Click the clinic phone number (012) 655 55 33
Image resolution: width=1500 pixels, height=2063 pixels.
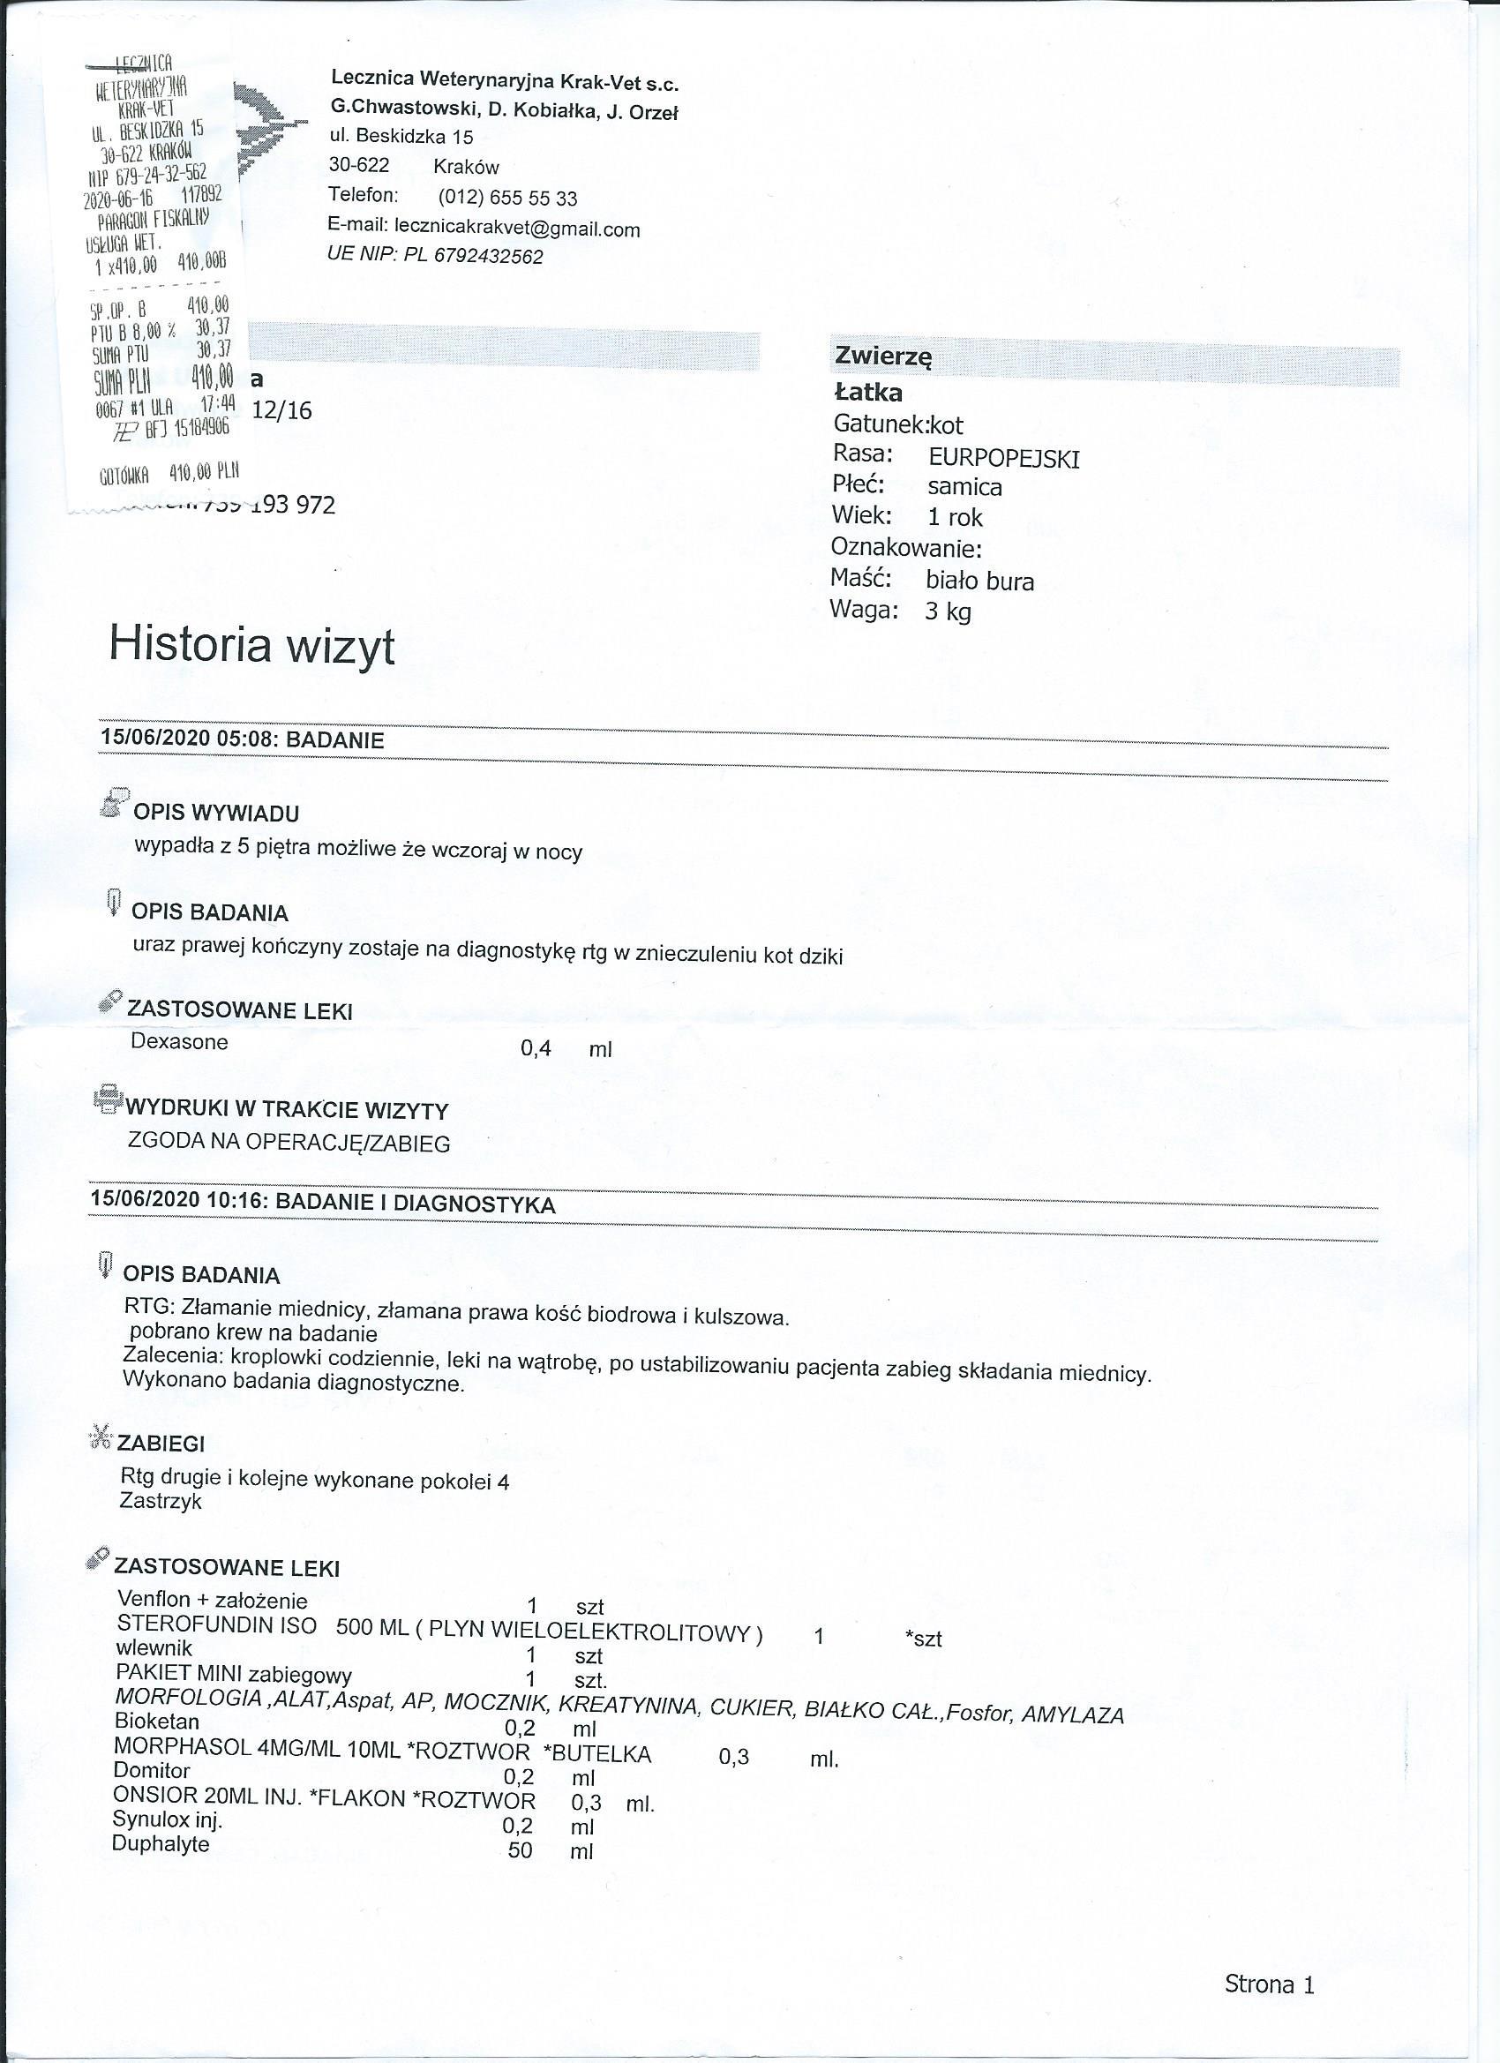coord(507,198)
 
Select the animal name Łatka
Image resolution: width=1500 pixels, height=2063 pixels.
coord(868,393)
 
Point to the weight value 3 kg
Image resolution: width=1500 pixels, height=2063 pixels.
coord(948,611)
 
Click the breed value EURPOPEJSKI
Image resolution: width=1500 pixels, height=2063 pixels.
coord(1003,458)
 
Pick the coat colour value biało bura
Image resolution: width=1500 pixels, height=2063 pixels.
coord(979,581)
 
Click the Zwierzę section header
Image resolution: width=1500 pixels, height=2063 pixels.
coord(882,356)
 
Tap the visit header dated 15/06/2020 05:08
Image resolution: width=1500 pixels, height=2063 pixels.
coord(242,739)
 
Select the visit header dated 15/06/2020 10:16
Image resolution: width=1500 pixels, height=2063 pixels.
coord(323,1204)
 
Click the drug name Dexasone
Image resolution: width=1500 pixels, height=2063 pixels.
coord(179,1041)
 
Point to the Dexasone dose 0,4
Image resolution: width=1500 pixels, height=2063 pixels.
coord(536,1049)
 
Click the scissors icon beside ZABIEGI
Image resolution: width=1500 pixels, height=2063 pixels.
coord(98,1439)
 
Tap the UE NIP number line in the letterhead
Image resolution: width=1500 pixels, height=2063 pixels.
coord(436,257)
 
